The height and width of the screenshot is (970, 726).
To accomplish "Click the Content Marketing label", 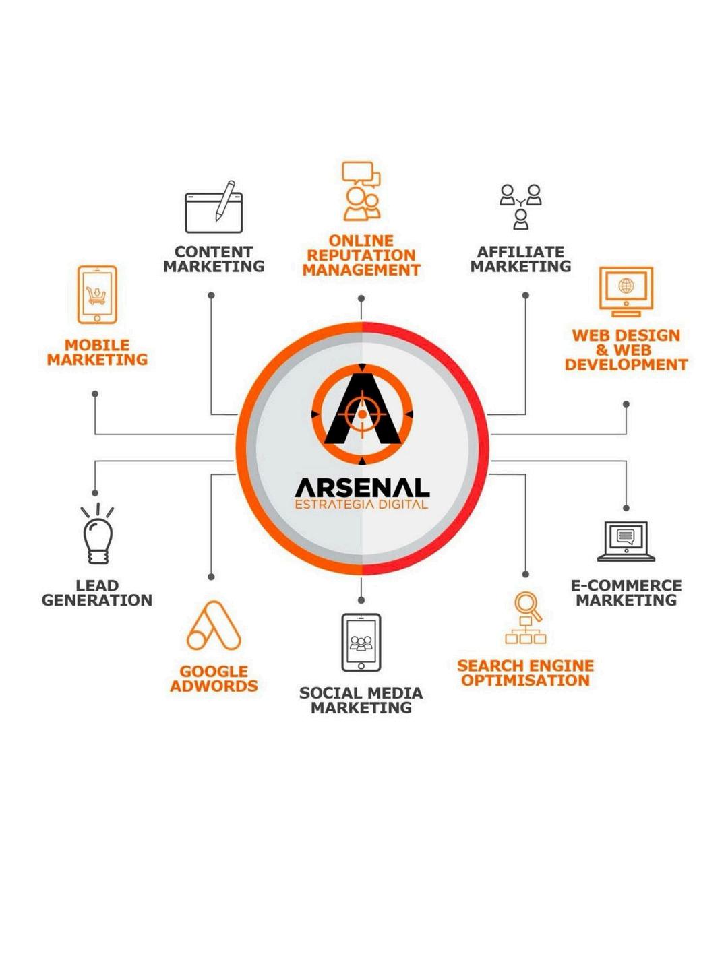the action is (214, 259).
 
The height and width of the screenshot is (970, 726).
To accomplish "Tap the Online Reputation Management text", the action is (361, 255).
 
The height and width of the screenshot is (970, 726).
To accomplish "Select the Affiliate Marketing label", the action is (520, 259).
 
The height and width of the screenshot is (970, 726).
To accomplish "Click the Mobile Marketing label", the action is (97, 352).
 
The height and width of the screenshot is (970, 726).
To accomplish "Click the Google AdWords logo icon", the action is (214, 626).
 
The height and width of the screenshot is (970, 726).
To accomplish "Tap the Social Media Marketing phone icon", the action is (361, 643).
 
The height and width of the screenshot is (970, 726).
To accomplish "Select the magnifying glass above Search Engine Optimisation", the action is (526, 604).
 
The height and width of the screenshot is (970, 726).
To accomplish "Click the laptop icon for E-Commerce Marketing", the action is (626, 541).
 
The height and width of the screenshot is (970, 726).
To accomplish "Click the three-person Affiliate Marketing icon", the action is (520, 206).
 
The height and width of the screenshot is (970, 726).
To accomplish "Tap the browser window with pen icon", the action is (214, 207).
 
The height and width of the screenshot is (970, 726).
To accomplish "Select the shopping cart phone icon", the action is (97, 295).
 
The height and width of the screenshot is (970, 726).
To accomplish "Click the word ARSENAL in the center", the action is (362, 488).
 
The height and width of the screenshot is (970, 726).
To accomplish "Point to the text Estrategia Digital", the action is (362, 505).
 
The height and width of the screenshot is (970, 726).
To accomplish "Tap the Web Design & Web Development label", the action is (626, 350).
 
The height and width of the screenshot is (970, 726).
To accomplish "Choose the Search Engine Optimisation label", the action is (526, 673).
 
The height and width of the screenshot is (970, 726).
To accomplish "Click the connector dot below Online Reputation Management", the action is (361, 298).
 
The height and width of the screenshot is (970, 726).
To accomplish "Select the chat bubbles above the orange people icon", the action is (361, 174).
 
